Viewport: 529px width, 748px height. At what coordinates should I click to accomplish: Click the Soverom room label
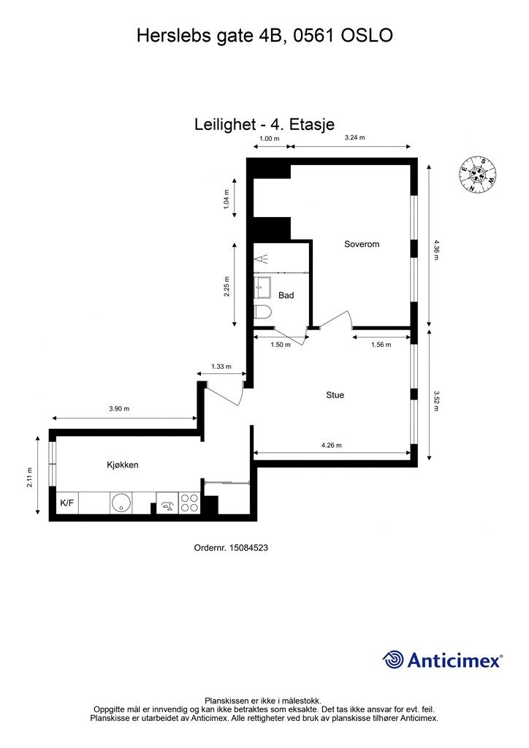[362, 244]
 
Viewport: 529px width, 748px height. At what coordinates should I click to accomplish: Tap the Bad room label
[286, 295]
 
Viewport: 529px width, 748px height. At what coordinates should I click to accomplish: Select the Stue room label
[335, 395]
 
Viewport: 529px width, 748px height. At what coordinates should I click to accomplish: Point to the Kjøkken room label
[123, 465]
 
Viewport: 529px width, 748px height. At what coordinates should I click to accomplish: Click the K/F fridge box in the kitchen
[67, 503]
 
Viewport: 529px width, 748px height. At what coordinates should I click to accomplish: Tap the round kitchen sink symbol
[121, 503]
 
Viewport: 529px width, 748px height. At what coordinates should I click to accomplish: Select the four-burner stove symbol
[189, 503]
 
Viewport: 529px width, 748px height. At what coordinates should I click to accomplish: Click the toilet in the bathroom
[262, 313]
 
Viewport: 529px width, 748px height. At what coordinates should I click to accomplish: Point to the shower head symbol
[261, 259]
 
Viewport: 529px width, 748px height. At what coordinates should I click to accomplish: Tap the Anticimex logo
[443, 660]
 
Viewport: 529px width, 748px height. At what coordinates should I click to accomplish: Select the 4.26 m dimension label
[332, 446]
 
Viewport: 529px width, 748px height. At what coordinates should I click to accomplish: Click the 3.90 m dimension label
[119, 409]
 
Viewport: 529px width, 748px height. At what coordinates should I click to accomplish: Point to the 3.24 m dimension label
[355, 138]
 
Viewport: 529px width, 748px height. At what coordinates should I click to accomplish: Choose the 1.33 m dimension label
[221, 367]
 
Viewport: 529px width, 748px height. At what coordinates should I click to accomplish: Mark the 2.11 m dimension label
[29, 477]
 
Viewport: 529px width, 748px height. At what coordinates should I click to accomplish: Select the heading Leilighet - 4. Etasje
[264, 124]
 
